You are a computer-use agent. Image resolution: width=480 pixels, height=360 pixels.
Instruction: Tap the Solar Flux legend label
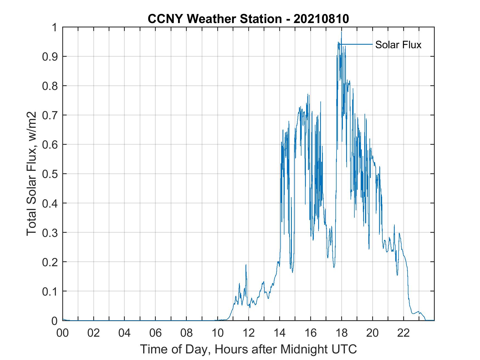click(x=398, y=45)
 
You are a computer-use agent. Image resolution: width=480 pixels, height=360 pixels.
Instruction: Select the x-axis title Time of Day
click(x=248, y=349)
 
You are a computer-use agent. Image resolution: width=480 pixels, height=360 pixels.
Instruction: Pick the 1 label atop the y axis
click(x=54, y=27)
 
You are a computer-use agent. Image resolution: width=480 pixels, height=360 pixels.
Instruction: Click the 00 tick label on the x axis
click(x=63, y=333)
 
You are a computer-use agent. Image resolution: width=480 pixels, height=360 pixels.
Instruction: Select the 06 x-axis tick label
click(x=156, y=333)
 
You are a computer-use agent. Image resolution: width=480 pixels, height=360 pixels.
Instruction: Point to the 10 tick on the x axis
click(x=218, y=333)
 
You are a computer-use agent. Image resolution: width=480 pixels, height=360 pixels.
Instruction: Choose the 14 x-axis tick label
click(x=279, y=333)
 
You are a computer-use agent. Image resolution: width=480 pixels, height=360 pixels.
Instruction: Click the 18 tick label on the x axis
click(x=341, y=333)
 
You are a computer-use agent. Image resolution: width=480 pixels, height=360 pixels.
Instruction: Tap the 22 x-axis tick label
click(x=403, y=333)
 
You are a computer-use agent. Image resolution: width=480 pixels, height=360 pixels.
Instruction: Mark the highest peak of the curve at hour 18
click(x=341, y=32)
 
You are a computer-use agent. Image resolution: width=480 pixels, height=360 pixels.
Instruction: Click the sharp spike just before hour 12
click(x=246, y=265)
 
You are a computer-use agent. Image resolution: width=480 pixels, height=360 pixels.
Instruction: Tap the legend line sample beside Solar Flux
click(x=357, y=44)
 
